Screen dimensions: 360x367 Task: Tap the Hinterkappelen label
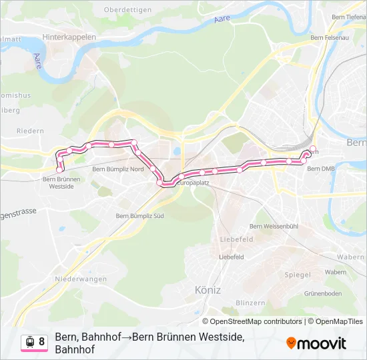69,37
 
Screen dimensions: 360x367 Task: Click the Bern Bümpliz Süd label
140,215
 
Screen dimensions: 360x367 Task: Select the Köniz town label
208,290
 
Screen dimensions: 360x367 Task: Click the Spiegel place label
298,274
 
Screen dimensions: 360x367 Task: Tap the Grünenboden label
323,293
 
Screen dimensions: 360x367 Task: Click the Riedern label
30,131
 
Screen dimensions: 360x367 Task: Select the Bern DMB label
320,169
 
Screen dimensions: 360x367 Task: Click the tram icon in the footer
29,342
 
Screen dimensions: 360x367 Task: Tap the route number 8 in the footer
41,342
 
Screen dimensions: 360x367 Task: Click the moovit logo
316,343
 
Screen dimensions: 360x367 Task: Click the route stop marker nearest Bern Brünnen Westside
60,169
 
